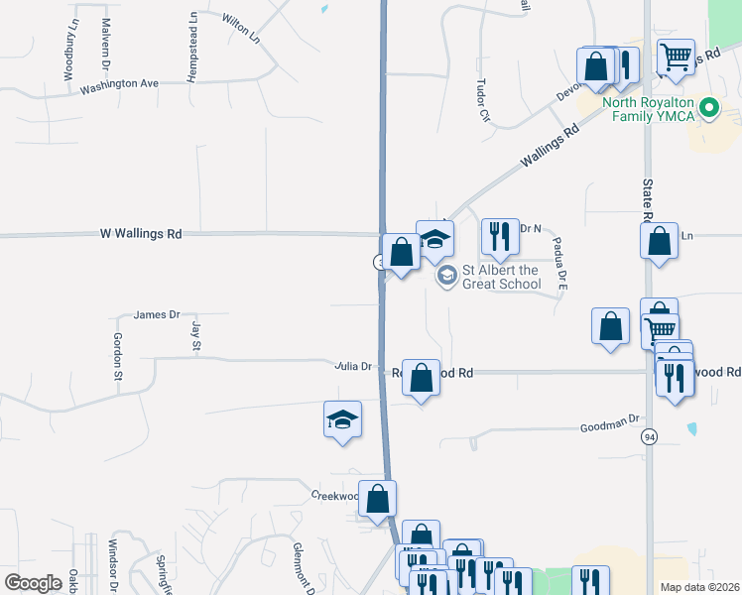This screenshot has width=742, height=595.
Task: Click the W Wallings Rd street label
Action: click(x=141, y=234)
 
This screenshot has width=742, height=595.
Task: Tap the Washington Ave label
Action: click(x=119, y=84)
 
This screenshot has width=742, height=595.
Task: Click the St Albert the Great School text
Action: click(x=502, y=277)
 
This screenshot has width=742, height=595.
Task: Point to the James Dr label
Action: click(x=157, y=314)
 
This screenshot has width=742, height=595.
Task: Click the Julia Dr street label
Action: click(x=352, y=366)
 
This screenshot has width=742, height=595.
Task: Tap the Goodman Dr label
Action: click(x=612, y=424)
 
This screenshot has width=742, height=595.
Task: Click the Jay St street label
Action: click(x=196, y=335)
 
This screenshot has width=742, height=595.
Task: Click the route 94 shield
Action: click(x=650, y=437)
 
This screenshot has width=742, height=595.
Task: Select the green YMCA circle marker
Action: click(x=709, y=109)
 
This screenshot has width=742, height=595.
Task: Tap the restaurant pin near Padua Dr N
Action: click(x=499, y=237)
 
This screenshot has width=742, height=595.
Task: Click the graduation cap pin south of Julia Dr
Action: click(x=342, y=419)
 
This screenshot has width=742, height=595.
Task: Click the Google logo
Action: click(x=34, y=583)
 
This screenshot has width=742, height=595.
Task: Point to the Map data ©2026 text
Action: click(x=698, y=587)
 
